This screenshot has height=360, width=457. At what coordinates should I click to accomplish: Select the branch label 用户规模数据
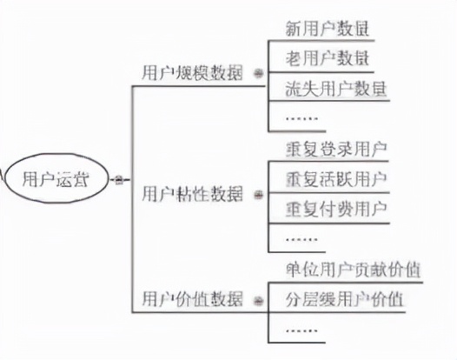tap(191, 73)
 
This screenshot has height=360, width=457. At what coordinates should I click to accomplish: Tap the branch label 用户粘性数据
tap(191, 191)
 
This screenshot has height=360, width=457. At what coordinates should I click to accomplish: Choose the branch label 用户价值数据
tap(191, 298)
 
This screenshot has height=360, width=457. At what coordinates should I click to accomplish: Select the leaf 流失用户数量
tap(335, 89)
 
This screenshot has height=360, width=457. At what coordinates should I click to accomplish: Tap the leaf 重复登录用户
tap(335, 147)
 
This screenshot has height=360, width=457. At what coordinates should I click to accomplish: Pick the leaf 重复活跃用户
tap(335, 178)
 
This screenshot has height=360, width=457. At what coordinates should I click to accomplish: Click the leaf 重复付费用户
tap(335, 209)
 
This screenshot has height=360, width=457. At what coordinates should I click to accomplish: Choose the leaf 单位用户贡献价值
tap(353, 269)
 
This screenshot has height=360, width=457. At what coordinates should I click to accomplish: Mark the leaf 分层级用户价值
tap(344, 299)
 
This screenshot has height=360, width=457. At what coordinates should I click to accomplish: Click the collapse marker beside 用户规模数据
tap(257, 74)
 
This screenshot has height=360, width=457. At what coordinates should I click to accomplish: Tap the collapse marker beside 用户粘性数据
tap(257, 192)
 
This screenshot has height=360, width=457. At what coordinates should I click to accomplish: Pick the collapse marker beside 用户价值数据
tap(257, 299)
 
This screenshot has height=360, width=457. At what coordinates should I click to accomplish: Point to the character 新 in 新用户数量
tap(293, 28)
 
